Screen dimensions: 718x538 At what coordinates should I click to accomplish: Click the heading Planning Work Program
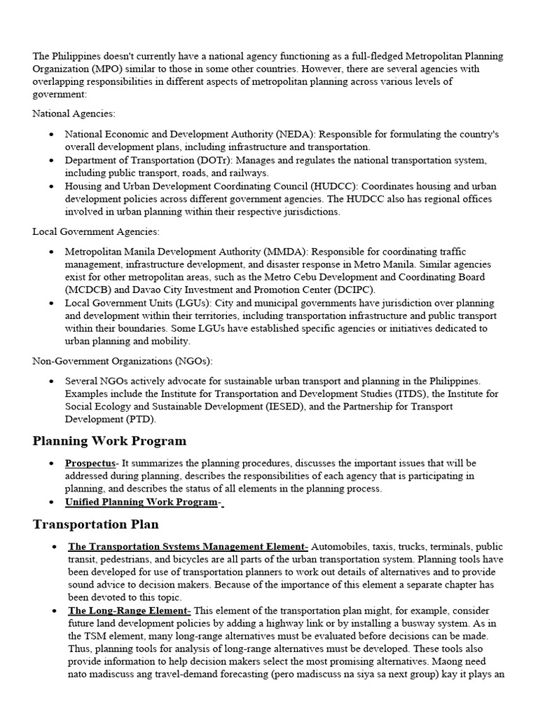tap(109, 441)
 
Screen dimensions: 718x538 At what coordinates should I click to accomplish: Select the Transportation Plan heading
tap(95, 524)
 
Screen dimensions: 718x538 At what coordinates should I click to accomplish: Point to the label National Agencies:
tap(74, 113)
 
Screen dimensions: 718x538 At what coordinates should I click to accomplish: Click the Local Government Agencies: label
tap(96, 231)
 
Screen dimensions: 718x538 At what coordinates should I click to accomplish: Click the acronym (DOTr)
tap(215, 160)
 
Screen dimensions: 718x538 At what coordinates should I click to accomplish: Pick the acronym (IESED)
tap(278, 407)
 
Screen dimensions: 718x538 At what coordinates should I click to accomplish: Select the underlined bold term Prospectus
tap(90, 463)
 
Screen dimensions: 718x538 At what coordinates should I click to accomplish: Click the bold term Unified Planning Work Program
tap(141, 502)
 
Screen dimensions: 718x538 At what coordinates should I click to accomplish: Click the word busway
tap(402, 623)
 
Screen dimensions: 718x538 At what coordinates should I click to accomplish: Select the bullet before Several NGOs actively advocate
tap(51, 381)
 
